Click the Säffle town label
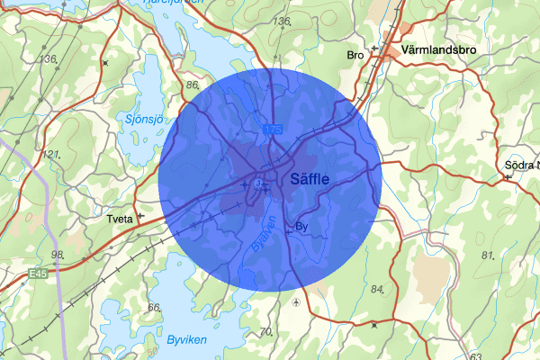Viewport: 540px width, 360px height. point(310,179)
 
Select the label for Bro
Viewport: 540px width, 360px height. point(355,56)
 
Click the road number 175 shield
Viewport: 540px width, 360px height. point(273,130)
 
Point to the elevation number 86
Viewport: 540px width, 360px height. point(191,85)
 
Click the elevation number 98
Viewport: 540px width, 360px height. point(58,255)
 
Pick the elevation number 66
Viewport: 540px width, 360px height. point(154,308)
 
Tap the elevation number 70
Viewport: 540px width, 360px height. point(265,332)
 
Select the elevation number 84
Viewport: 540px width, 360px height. point(377,290)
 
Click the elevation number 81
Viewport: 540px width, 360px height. point(489,256)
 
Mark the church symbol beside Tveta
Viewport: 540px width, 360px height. point(140,216)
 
